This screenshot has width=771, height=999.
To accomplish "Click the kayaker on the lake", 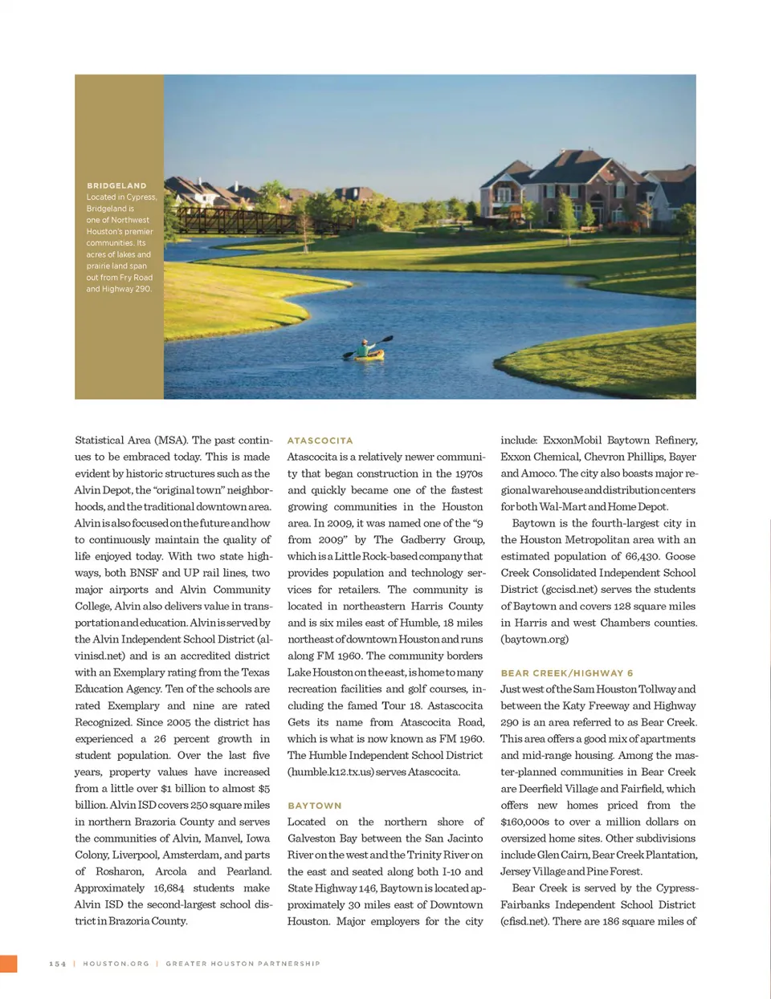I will pyautogui.click(x=368, y=350).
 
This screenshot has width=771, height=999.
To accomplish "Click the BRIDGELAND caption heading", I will pyautogui.click(x=116, y=185).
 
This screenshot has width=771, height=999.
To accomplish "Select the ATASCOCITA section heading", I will pyautogui.click(x=320, y=441).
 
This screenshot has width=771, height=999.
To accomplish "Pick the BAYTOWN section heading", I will pyautogui.click(x=314, y=806).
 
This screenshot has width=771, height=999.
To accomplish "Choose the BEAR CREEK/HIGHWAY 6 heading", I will pyautogui.click(x=566, y=673).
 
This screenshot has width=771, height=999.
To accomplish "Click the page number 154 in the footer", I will pyautogui.click(x=58, y=964).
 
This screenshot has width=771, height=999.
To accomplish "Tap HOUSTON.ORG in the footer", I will pyautogui.click(x=116, y=964).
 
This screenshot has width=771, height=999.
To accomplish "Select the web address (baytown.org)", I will pyautogui.click(x=534, y=640).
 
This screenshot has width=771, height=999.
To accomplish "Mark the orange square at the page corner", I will pyautogui.click(x=8, y=964).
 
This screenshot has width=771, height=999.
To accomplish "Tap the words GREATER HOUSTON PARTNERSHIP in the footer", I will pyautogui.click(x=243, y=964).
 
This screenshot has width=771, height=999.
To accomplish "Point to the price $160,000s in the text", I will pyautogui.click(x=525, y=822).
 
